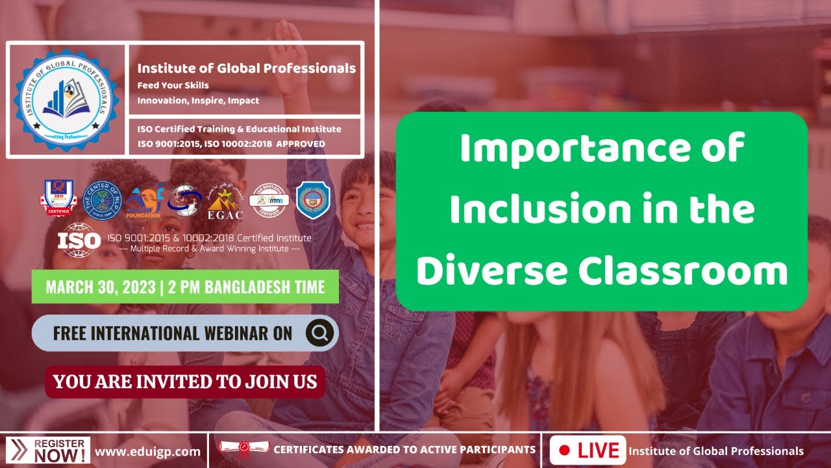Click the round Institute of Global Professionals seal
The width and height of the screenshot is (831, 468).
66,99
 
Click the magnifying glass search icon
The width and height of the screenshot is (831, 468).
319,333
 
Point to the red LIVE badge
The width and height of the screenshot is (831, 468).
588,450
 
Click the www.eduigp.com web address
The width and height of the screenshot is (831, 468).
148,451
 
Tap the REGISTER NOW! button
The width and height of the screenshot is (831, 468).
48,450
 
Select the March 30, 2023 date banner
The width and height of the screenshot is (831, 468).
185,287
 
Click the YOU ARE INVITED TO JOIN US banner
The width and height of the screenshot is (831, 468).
185,381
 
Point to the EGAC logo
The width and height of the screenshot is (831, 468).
225,201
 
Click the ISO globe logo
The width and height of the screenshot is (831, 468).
79,240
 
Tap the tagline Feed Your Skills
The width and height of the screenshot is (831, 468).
173,85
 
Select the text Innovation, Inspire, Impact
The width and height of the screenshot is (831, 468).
198,101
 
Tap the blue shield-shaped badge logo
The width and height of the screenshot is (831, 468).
313,200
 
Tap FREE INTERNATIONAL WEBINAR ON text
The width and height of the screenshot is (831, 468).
173,333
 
